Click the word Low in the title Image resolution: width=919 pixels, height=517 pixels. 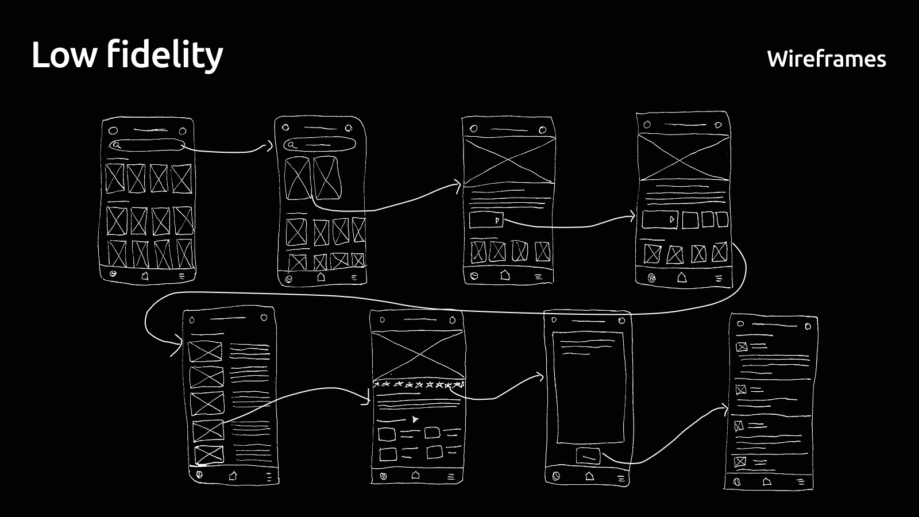point(64,56)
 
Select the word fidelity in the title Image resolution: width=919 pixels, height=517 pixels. point(164,56)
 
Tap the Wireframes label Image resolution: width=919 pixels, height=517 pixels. point(826,59)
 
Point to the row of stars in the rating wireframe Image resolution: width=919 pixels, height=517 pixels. point(418,384)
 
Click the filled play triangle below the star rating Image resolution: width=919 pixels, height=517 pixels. point(415,419)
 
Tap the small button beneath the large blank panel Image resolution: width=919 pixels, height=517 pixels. point(588,456)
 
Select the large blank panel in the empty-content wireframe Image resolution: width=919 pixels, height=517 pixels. point(589,388)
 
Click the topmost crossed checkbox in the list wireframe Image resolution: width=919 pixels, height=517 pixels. point(741,347)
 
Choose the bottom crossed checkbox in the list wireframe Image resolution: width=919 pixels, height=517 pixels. point(740,462)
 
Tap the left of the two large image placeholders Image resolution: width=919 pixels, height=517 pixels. point(298,178)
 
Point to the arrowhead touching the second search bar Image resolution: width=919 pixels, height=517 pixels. point(269,146)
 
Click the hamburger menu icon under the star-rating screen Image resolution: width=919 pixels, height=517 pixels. point(451,476)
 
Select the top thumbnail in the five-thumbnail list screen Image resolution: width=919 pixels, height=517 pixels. point(205,351)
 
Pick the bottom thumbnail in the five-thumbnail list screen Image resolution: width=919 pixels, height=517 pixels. point(208,454)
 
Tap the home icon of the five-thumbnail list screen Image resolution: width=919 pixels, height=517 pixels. point(233,476)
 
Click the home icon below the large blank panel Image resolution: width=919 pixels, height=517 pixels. point(589,476)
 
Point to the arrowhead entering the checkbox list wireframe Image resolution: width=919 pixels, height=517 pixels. point(724,410)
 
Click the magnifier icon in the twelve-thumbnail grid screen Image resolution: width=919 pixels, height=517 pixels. point(116,145)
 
